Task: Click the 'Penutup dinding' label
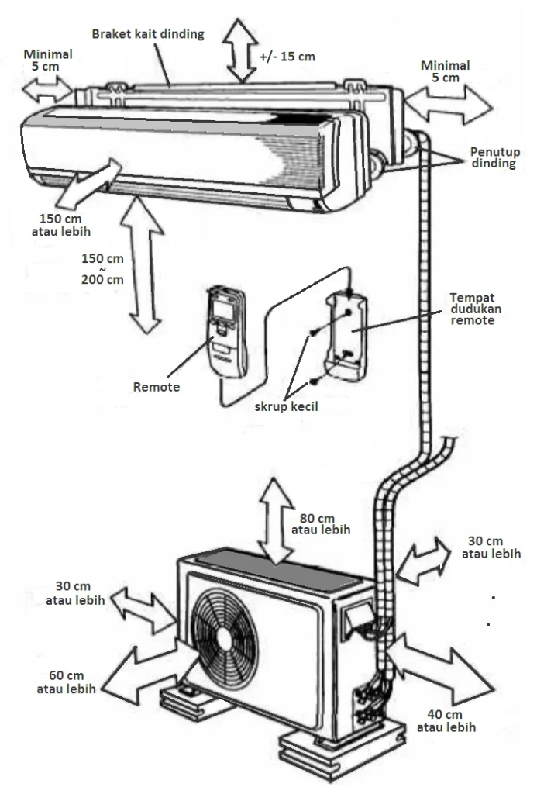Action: (x=493, y=157)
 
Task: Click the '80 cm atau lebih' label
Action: (x=321, y=524)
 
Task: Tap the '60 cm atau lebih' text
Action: (x=66, y=682)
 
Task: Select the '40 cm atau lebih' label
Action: (x=446, y=720)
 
